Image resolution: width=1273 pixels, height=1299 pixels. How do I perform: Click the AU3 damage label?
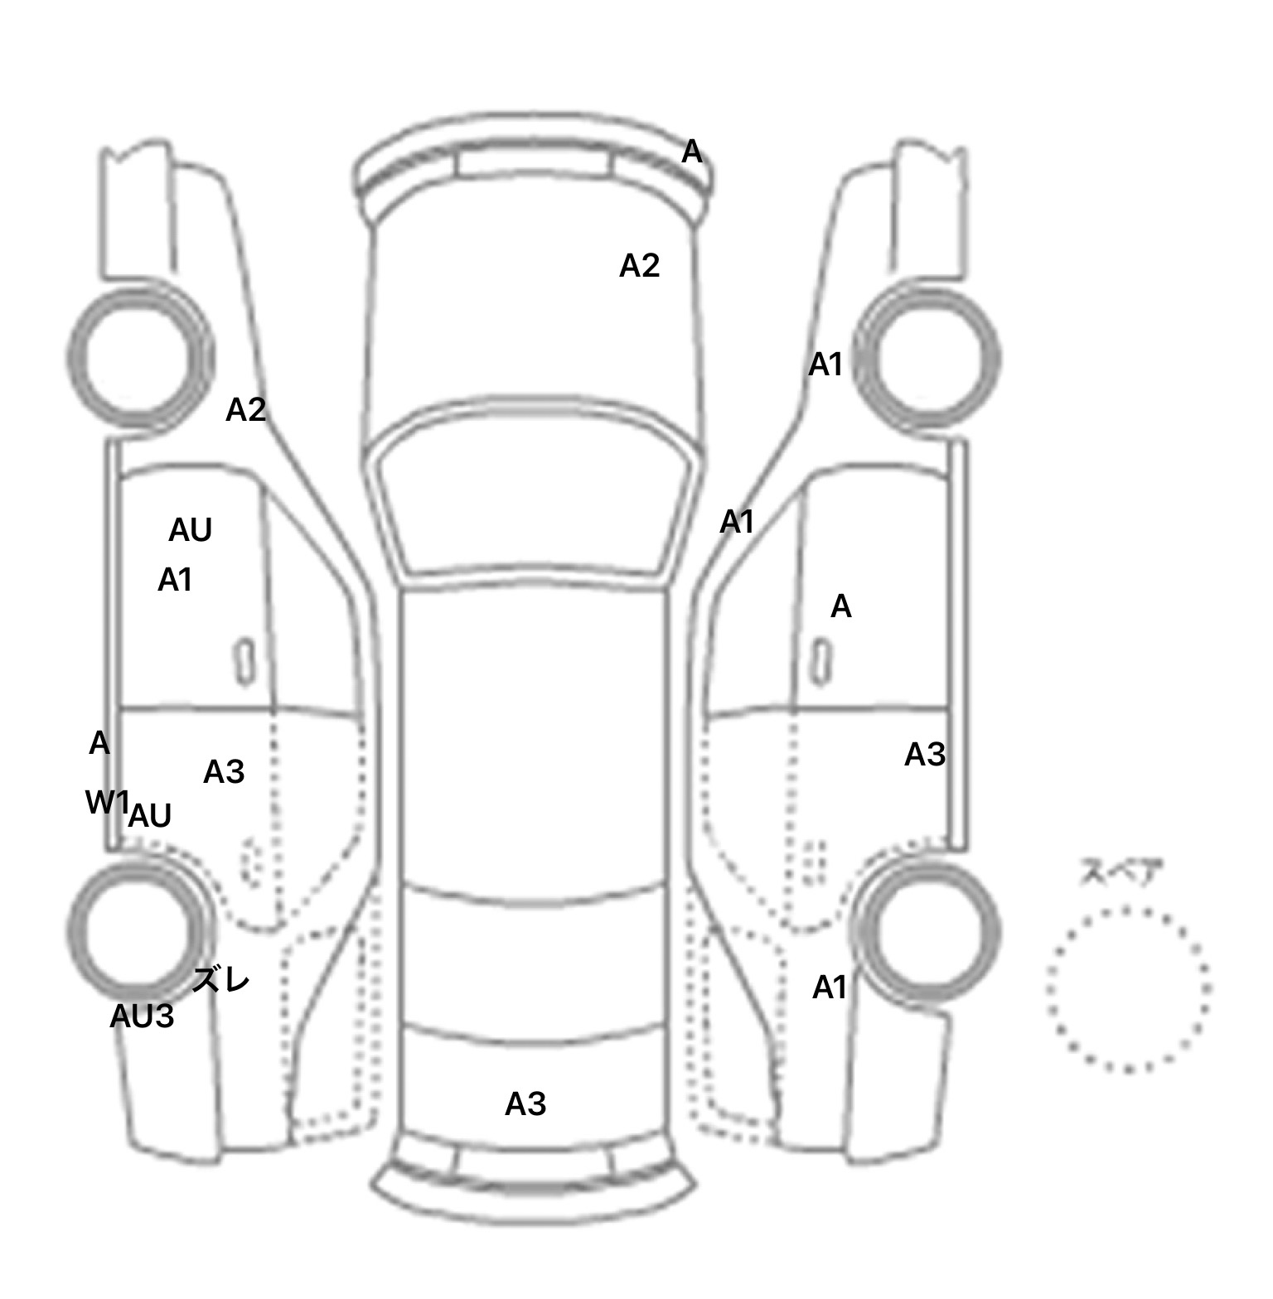[x=142, y=1016]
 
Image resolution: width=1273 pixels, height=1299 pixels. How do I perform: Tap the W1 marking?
[x=108, y=802]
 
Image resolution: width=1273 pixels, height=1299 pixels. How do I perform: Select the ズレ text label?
[x=220, y=981]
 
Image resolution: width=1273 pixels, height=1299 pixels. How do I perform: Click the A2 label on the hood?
[x=640, y=265]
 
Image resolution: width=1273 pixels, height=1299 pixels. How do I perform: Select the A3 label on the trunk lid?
[x=525, y=1103]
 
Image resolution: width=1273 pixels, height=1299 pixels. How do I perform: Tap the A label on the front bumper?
[x=692, y=152]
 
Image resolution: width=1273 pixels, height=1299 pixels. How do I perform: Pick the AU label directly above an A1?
[x=191, y=530]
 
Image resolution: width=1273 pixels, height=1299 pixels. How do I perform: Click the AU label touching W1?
[x=150, y=816]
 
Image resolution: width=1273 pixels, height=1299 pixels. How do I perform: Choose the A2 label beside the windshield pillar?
[x=246, y=409]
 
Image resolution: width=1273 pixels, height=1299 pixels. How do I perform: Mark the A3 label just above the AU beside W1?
[x=224, y=771]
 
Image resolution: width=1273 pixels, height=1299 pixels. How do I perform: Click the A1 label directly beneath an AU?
[x=175, y=580]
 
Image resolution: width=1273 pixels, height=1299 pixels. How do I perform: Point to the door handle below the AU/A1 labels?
[x=244, y=661]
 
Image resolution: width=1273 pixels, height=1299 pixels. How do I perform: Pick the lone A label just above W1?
[x=99, y=743]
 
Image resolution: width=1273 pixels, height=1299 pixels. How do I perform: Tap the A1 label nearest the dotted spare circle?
[x=830, y=987]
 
